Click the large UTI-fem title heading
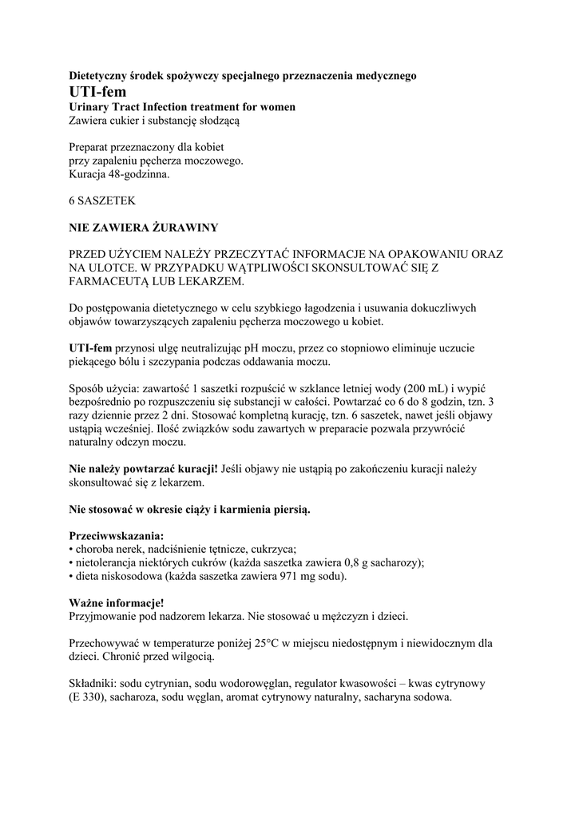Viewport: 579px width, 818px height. (97, 92)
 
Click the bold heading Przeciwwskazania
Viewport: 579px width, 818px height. (117, 535)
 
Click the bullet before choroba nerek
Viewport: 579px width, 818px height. (71, 550)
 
